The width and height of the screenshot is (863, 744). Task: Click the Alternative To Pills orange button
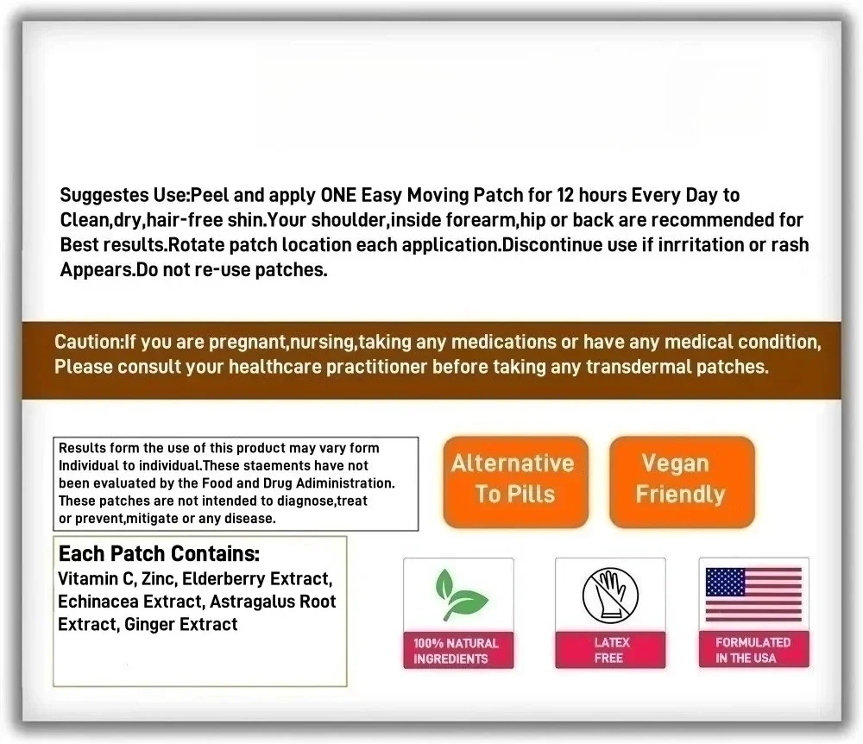tap(514, 480)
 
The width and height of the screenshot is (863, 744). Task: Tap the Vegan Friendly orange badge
tap(681, 480)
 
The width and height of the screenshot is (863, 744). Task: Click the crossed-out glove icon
tap(609, 596)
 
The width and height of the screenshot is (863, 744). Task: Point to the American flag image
tap(753, 595)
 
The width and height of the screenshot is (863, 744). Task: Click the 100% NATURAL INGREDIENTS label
tap(457, 651)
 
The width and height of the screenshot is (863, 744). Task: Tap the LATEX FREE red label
tap(610, 650)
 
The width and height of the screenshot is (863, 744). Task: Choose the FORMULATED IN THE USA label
tap(753, 650)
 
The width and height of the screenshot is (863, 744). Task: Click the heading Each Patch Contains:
tap(159, 553)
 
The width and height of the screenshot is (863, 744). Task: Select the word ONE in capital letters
tap(339, 195)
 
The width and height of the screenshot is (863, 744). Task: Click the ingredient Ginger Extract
tap(180, 624)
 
